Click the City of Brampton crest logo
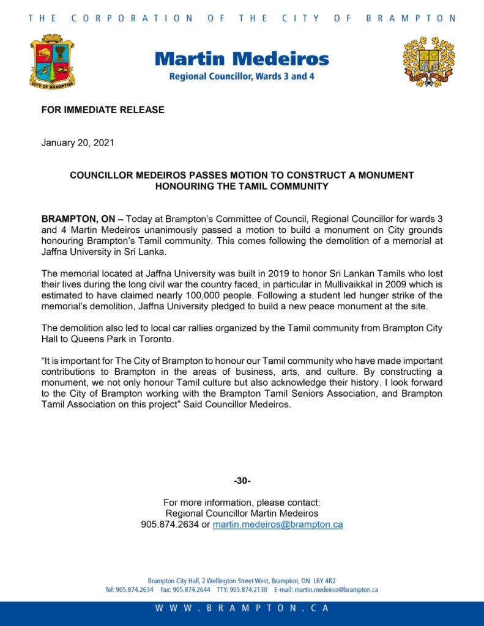[x=52, y=62]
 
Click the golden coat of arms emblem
[x=428, y=62]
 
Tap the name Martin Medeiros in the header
[x=242, y=59]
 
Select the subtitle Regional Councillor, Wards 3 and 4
[x=242, y=78]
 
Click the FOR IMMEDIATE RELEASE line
[x=103, y=110]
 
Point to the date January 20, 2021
[x=78, y=143]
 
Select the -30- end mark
[x=242, y=481]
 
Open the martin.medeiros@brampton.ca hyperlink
[x=278, y=525]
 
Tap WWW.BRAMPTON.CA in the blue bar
[x=242, y=608]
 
